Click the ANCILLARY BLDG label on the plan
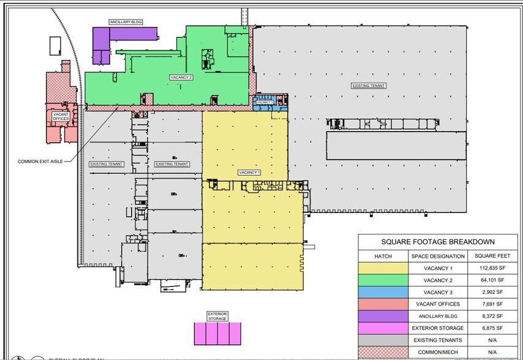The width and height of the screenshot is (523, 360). coord(126,22)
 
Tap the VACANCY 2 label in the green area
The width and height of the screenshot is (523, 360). coord(181,78)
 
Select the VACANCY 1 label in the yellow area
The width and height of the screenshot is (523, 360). coord(250,173)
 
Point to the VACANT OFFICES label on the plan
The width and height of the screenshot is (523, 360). coord(61,116)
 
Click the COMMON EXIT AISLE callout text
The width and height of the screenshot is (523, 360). coord(39,161)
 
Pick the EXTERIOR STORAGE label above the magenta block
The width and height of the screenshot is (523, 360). coord(217,316)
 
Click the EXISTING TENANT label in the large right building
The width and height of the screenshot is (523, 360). coord(369,86)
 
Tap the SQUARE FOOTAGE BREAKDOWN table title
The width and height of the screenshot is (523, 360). coord(438,242)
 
